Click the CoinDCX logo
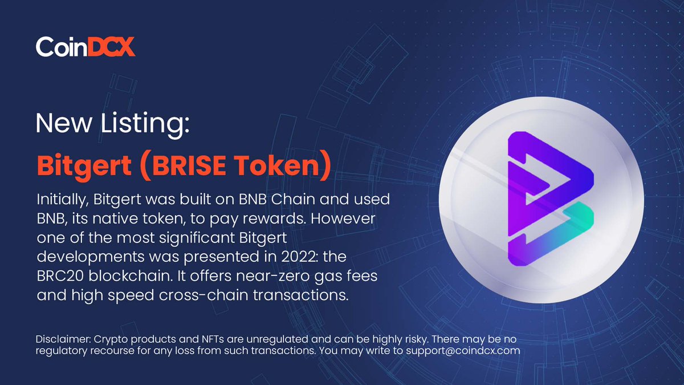tap(85, 46)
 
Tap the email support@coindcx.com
tap(463, 351)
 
